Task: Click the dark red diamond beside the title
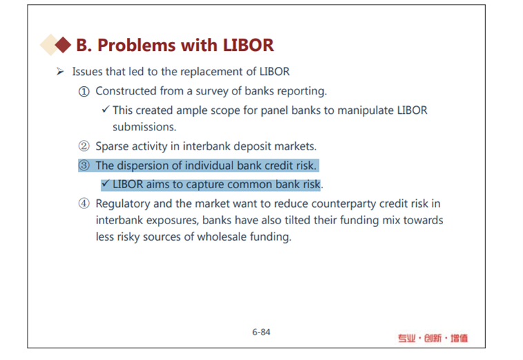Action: [x=63, y=45]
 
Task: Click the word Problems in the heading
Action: [x=137, y=45]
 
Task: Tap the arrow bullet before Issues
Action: [x=60, y=71]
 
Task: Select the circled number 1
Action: [x=84, y=91]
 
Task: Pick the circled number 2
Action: [x=84, y=146]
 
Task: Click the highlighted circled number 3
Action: [x=84, y=166]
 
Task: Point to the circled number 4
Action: [x=84, y=203]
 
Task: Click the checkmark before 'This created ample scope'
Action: [x=106, y=109]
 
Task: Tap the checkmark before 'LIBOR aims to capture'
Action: [x=106, y=183]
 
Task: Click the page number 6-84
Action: [x=261, y=332]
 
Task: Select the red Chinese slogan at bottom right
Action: [x=433, y=339]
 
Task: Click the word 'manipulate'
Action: [x=366, y=110]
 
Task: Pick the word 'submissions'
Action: [x=144, y=127]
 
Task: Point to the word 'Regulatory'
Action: [x=123, y=204]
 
